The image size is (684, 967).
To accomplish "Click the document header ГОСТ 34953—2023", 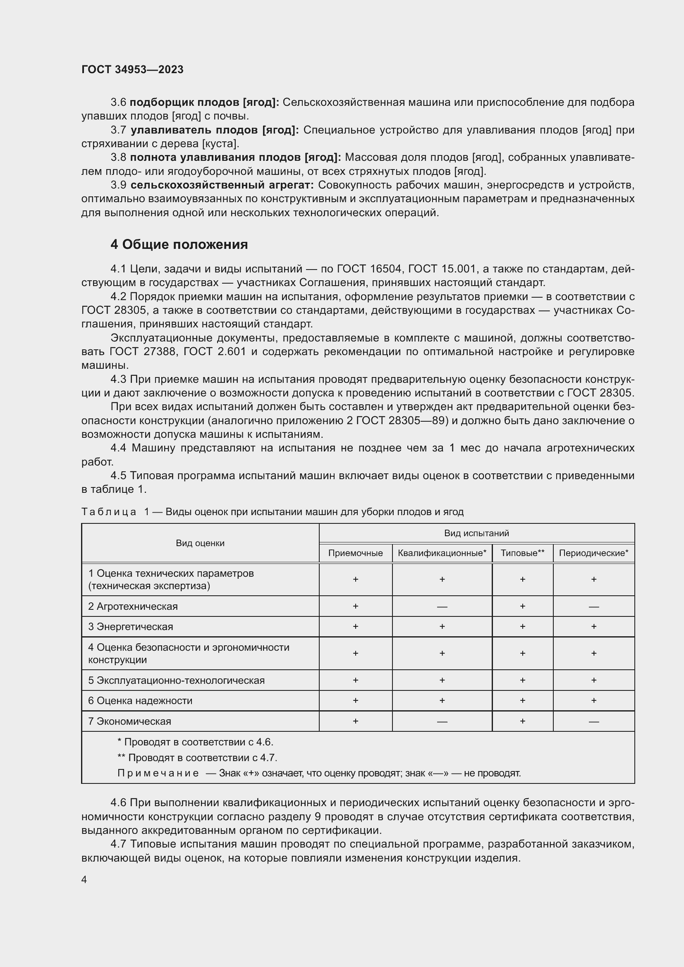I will [x=132, y=69].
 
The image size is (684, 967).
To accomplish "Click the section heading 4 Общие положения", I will [x=179, y=244].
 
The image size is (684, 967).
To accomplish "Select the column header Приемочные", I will [x=355, y=553].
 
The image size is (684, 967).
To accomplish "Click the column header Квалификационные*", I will [x=442, y=553].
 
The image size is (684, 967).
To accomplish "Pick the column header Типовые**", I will [x=522, y=553].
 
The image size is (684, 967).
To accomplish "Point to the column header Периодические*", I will [x=593, y=553].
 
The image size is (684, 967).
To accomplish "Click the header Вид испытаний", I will [x=476, y=533].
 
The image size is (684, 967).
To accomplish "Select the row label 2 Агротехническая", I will [x=133, y=606].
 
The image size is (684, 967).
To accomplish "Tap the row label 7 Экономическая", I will [x=129, y=721].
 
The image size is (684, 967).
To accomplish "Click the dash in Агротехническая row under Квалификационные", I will [x=442, y=607].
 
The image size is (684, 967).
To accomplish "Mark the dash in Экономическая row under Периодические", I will [x=593, y=721].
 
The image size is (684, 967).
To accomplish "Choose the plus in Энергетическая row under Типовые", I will [x=522, y=627].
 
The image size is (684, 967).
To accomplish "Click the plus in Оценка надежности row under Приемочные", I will [x=355, y=700].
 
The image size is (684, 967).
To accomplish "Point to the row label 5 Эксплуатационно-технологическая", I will [x=176, y=680].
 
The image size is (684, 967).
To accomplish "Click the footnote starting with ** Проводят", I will [x=197, y=758].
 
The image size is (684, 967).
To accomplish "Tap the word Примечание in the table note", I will [x=158, y=773].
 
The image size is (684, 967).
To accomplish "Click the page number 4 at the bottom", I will [x=84, y=879].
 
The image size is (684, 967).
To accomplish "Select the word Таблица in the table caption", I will [x=109, y=512].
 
